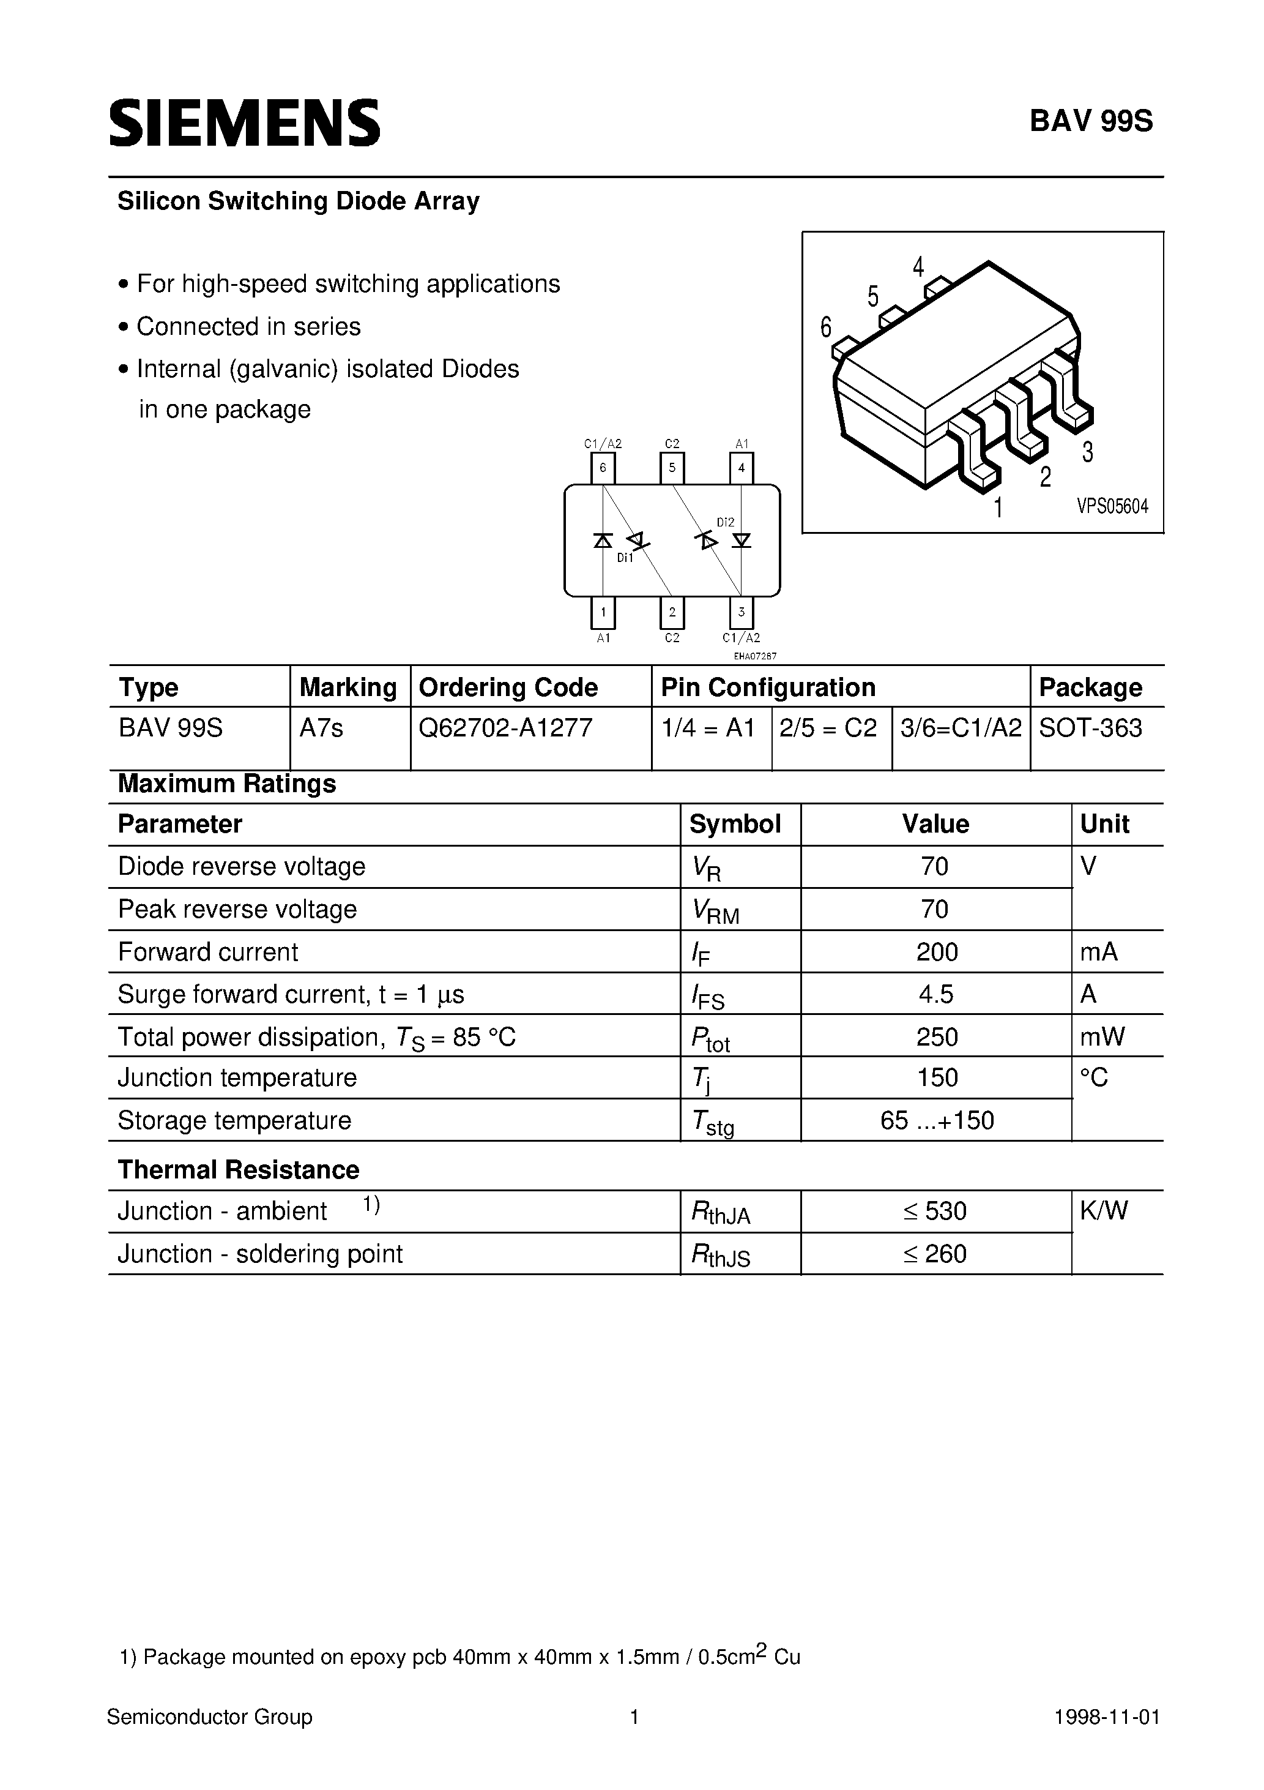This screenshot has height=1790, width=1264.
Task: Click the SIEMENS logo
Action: [244, 123]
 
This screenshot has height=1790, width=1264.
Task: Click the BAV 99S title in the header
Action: [1091, 122]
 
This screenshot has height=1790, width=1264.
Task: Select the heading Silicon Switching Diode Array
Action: [299, 201]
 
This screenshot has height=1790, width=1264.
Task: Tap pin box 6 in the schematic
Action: [603, 468]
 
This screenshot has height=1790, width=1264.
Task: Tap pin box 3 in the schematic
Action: [741, 613]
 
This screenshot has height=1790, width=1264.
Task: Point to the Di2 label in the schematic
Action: [726, 522]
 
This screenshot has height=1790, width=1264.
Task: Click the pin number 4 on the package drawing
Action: [918, 268]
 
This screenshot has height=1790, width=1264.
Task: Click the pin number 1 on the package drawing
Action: [997, 508]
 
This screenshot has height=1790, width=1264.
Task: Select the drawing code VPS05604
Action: [1112, 507]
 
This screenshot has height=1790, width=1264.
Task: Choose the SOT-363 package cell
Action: [1090, 728]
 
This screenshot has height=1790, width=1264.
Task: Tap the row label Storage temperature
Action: [234, 1120]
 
